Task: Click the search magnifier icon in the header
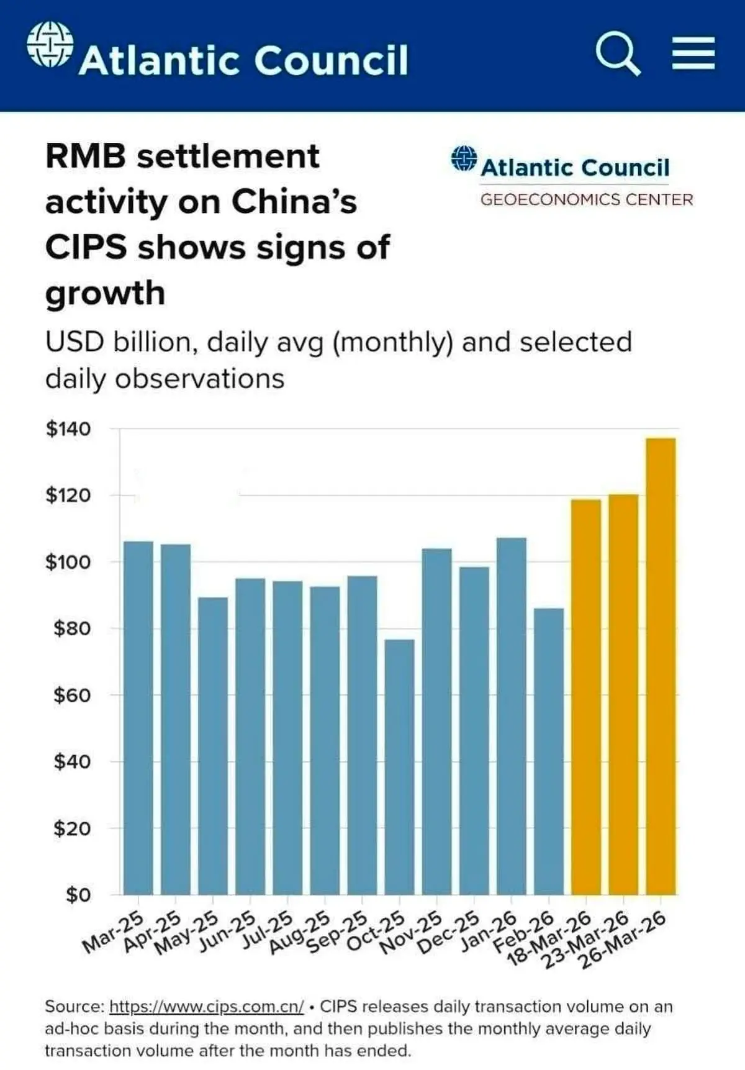[x=617, y=54]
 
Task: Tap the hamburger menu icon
[x=693, y=53]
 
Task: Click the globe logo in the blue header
[x=50, y=44]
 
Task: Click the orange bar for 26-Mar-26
[x=661, y=666]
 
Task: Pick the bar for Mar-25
[x=138, y=717]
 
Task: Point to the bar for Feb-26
[x=549, y=751]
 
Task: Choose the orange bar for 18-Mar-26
[x=585, y=696]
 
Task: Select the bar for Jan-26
[x=512, y=715]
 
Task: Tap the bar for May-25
[x=213, y=745]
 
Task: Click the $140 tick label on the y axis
[x=68, y=428]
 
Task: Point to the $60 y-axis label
[x=72, y=695]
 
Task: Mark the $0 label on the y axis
[x=78, y=895]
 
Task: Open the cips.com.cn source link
[x=206, y=1006]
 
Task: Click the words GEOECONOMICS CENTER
[x=586, y=199]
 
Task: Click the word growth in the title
[x=105, y=292]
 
